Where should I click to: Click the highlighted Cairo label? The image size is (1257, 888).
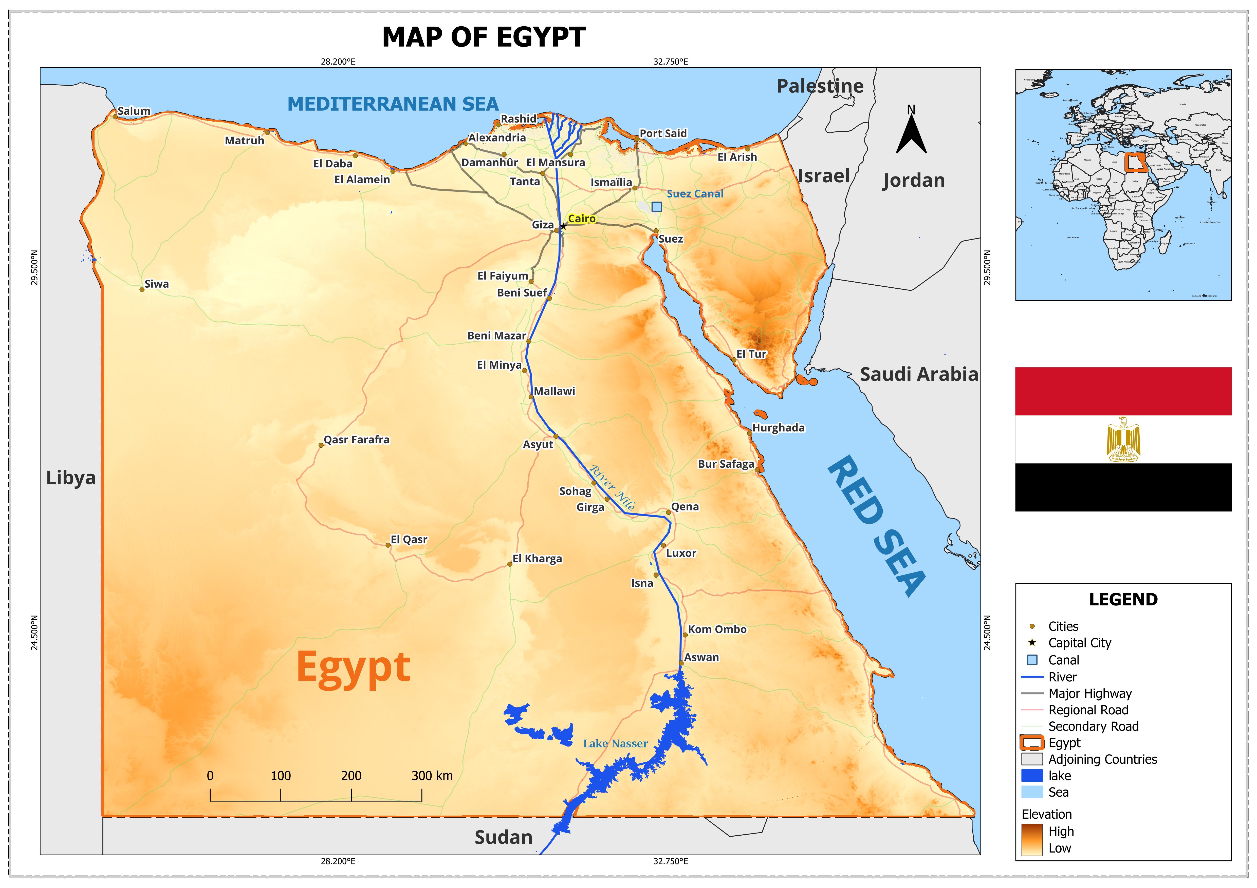(x=581, y=219)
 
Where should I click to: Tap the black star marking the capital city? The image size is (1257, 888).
(x=563, y=226)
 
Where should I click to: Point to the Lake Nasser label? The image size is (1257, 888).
(x=615, y=744)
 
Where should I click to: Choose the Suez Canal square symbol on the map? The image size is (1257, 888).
(x=656, y=207)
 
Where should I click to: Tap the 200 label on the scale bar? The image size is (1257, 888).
(x=351, y=776)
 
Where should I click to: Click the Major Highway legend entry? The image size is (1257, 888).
(x=1089, y=694)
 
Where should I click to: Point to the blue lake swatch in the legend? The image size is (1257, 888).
(x=1032, y=776)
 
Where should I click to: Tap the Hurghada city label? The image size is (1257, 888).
(x=778, y=428)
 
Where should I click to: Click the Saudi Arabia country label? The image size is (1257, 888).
(x=919, y=375)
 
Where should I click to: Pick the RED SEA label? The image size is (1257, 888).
(x=876, y=525)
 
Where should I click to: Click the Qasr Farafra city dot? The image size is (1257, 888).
(x=321, y=445)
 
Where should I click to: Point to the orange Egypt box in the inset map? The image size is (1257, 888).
(x=1135, y=163)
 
